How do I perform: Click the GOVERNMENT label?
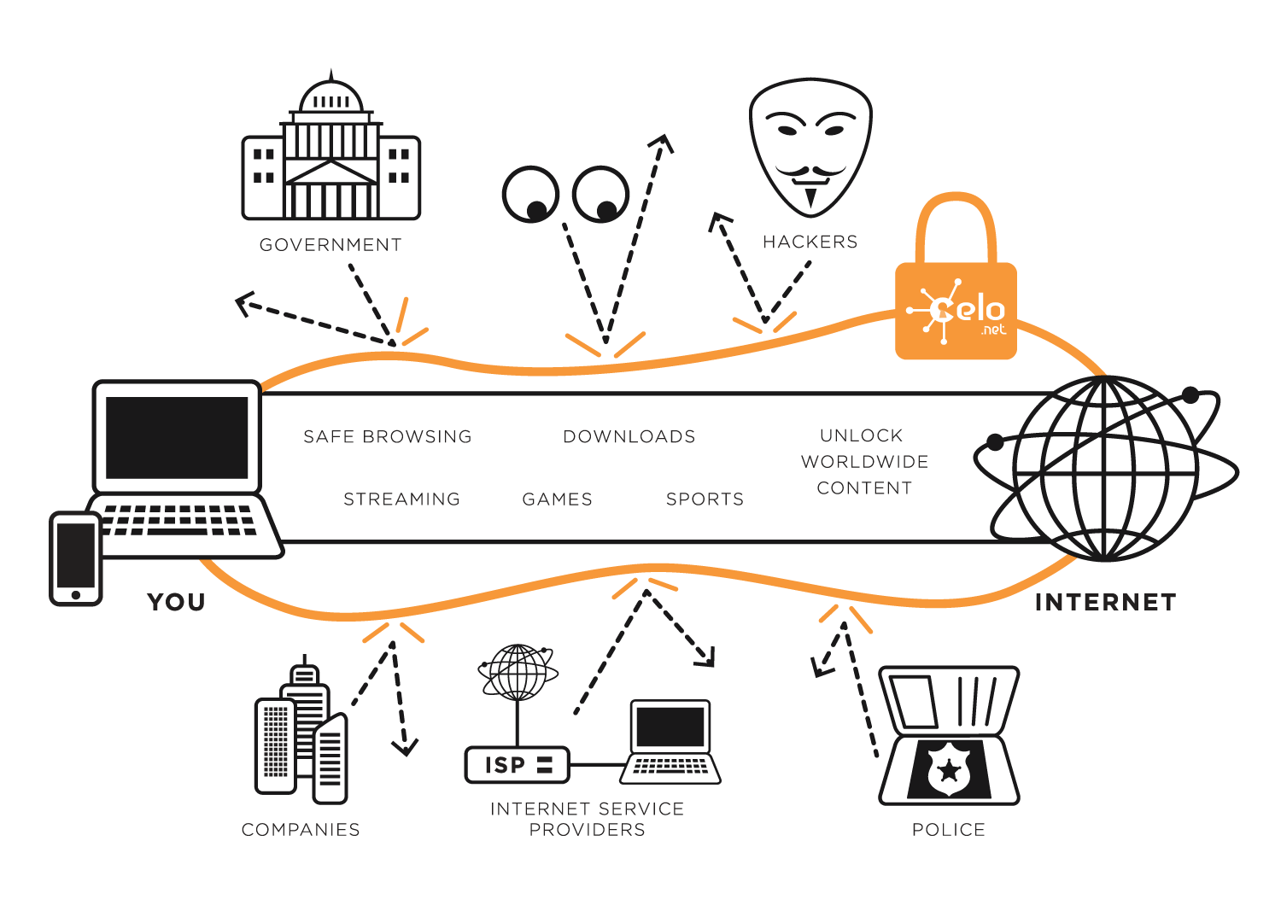330,245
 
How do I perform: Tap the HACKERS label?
810,242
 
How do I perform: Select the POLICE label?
949,830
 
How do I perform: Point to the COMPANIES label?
301,830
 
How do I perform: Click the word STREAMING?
401,499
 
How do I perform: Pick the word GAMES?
557,499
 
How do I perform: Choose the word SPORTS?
705,499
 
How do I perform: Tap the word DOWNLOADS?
629,437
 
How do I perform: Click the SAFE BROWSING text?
388,437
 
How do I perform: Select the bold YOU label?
176,602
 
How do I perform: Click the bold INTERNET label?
1105,602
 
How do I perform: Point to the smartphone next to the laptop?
75,558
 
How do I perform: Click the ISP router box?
517,764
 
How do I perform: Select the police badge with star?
950,770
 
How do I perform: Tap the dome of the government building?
331,95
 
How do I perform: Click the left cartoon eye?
530,195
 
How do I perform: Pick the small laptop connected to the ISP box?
670,741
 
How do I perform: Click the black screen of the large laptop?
177,437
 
